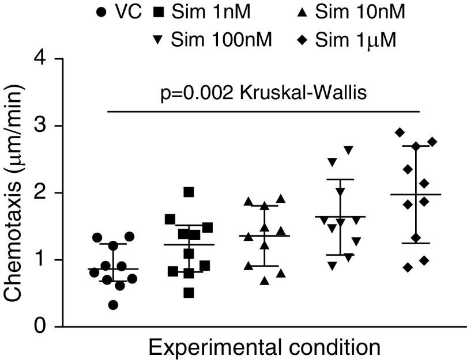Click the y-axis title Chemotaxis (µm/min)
point(16,193)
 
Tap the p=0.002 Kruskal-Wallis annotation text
point(263,92)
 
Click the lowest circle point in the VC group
point(114,305)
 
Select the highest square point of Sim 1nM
point(189,192)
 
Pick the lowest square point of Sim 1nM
point(189,293)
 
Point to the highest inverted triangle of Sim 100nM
point(348,150)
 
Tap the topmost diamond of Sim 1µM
point(399,132)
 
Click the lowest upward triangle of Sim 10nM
point(264,281)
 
